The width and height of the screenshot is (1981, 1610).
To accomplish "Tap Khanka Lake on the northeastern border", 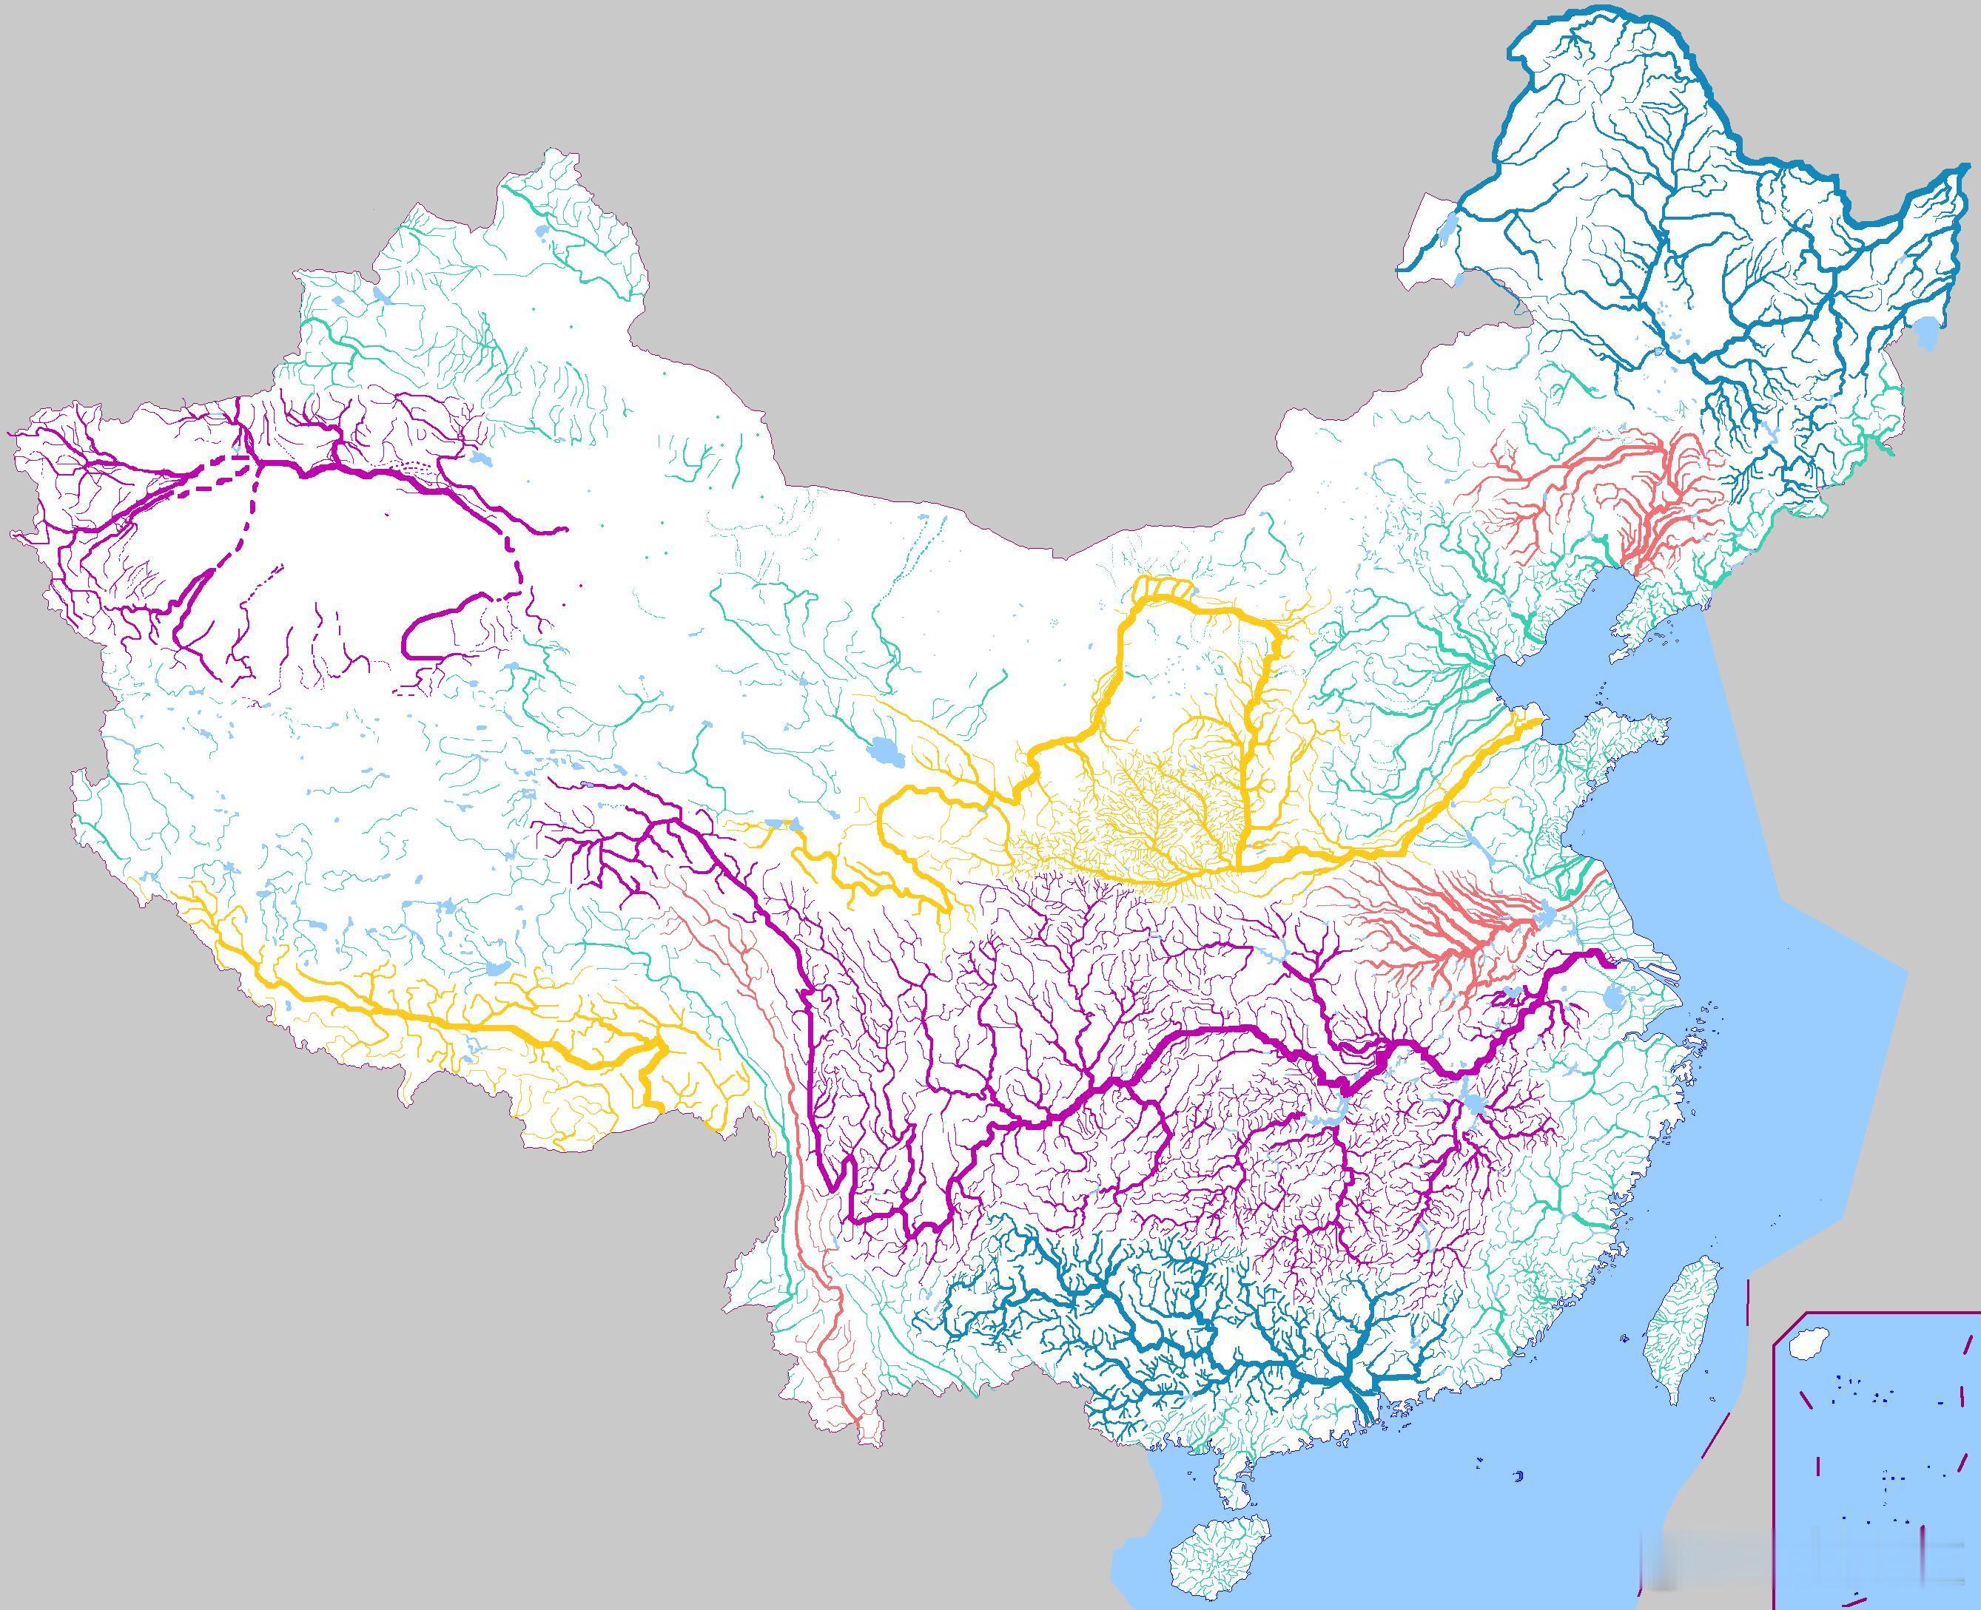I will [x=1925, y=329].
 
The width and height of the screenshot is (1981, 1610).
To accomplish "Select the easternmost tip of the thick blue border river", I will [x=1967, y=168].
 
